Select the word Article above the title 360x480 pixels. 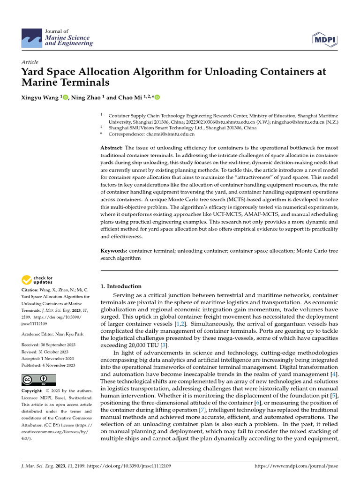coord(30,62)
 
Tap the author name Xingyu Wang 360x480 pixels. coord(40,97)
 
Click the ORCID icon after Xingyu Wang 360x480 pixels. coord(65,97)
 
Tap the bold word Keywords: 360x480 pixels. coord(114,251)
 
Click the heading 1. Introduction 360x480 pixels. coord(121,286)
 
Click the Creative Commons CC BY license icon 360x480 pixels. coord(38,380)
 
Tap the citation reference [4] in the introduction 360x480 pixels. coord(334,375)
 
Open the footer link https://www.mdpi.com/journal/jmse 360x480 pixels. coord(295,466)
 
